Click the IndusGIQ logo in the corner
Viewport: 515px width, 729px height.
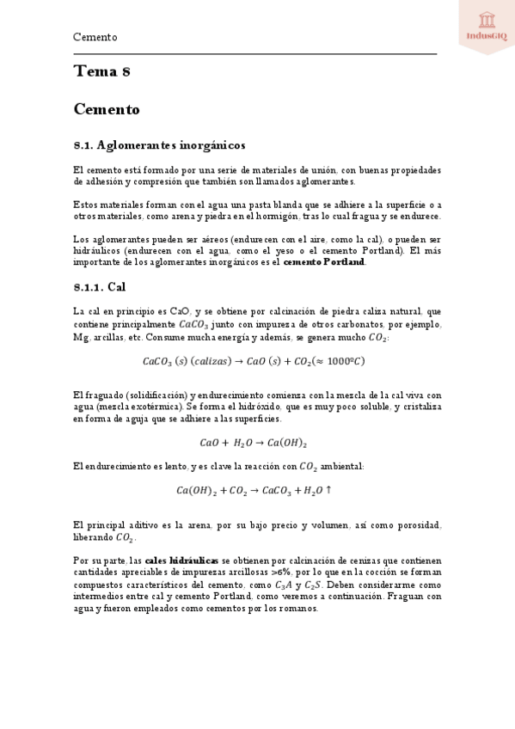coord(486,26)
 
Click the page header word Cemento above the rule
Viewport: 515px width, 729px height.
coord(95,38)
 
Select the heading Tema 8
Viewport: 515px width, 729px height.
coord(101,72)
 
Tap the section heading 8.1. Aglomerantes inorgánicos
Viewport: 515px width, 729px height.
coord(159,144)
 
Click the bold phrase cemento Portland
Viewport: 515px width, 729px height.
coord(324,262)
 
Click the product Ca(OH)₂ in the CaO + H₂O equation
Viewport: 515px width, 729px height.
coord(287,443)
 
